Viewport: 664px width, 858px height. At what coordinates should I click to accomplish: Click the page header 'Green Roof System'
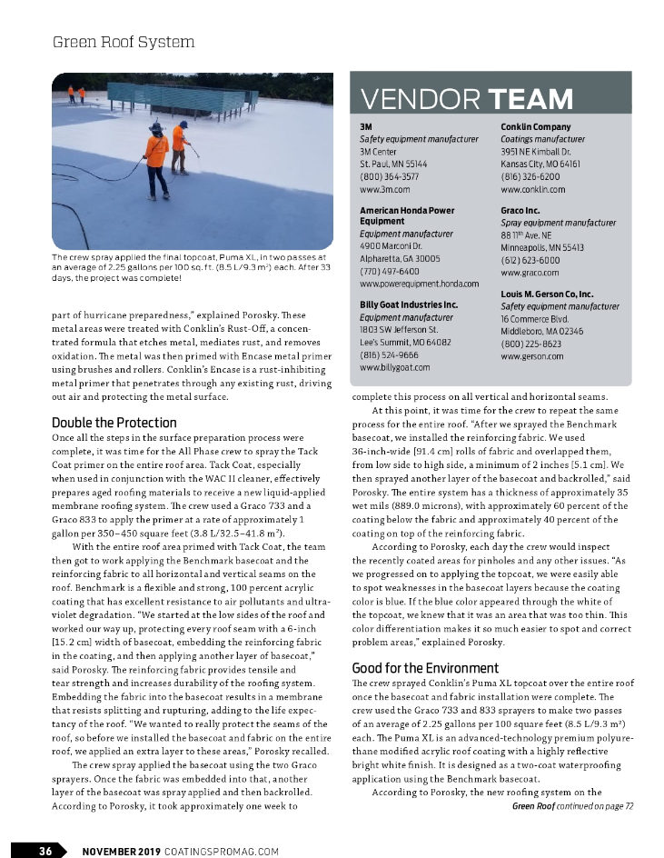(x=124, y=42)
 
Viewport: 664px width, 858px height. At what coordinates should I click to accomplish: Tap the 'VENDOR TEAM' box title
(x=466, y=98)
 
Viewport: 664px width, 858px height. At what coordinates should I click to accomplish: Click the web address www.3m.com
(x=385, y=189)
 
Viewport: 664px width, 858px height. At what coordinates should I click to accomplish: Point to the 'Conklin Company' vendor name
(x=536, y=126)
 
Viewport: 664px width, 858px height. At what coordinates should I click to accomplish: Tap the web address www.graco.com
(x=530, y=272)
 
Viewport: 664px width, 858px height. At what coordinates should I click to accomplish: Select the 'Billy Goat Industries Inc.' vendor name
(x=409, y=304)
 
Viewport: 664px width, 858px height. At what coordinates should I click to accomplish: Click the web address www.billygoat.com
(x=394, y=367)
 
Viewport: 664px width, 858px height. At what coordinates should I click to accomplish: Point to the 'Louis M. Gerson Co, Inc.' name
(x=547, y=294)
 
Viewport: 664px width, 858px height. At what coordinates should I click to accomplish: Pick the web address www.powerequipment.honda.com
(x=419, y=284)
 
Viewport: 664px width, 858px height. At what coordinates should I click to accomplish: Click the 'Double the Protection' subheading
(x=114, y=423)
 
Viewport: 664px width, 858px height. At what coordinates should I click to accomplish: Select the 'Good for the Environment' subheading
(x=427, y=668)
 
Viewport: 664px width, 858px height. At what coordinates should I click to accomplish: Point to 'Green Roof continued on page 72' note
(x=572, y=805)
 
